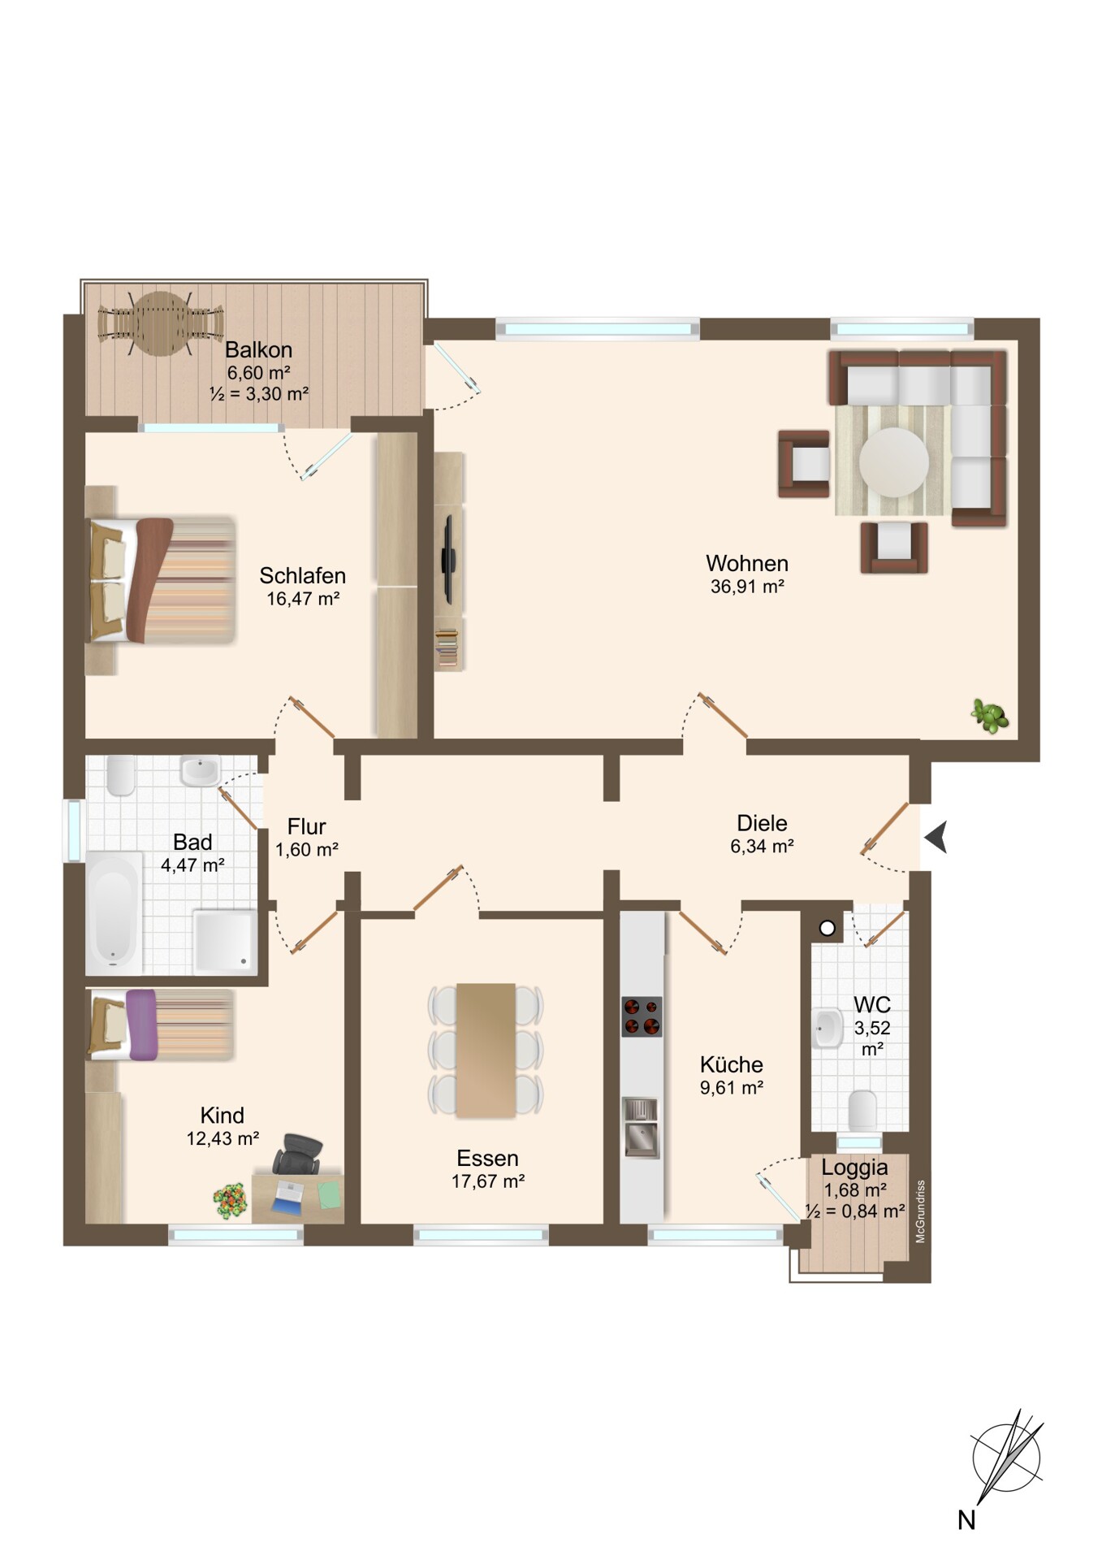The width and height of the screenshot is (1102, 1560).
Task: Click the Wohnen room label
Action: click(747, 563)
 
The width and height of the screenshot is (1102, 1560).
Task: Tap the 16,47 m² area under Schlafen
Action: click(303, 600)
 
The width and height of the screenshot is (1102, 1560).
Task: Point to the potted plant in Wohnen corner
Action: click(990, 716)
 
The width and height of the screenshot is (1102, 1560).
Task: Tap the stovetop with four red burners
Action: click(642, 1016)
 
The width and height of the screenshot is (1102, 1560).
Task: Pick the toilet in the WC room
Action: click(862, 1109)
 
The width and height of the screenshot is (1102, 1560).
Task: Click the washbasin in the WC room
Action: click(828, 1029)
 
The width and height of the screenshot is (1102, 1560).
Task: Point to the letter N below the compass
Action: click(966, 1519)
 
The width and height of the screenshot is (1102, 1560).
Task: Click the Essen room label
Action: click(487, 1158)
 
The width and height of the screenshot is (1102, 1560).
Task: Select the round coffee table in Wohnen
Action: click(893, 462)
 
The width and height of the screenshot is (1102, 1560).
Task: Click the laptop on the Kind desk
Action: click(290, 1194)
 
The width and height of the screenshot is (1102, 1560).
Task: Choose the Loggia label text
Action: click(854, 1168)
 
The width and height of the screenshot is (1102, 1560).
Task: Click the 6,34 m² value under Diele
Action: click(762, 846)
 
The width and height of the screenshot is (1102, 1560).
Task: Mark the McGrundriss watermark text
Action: click(920, 1211)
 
